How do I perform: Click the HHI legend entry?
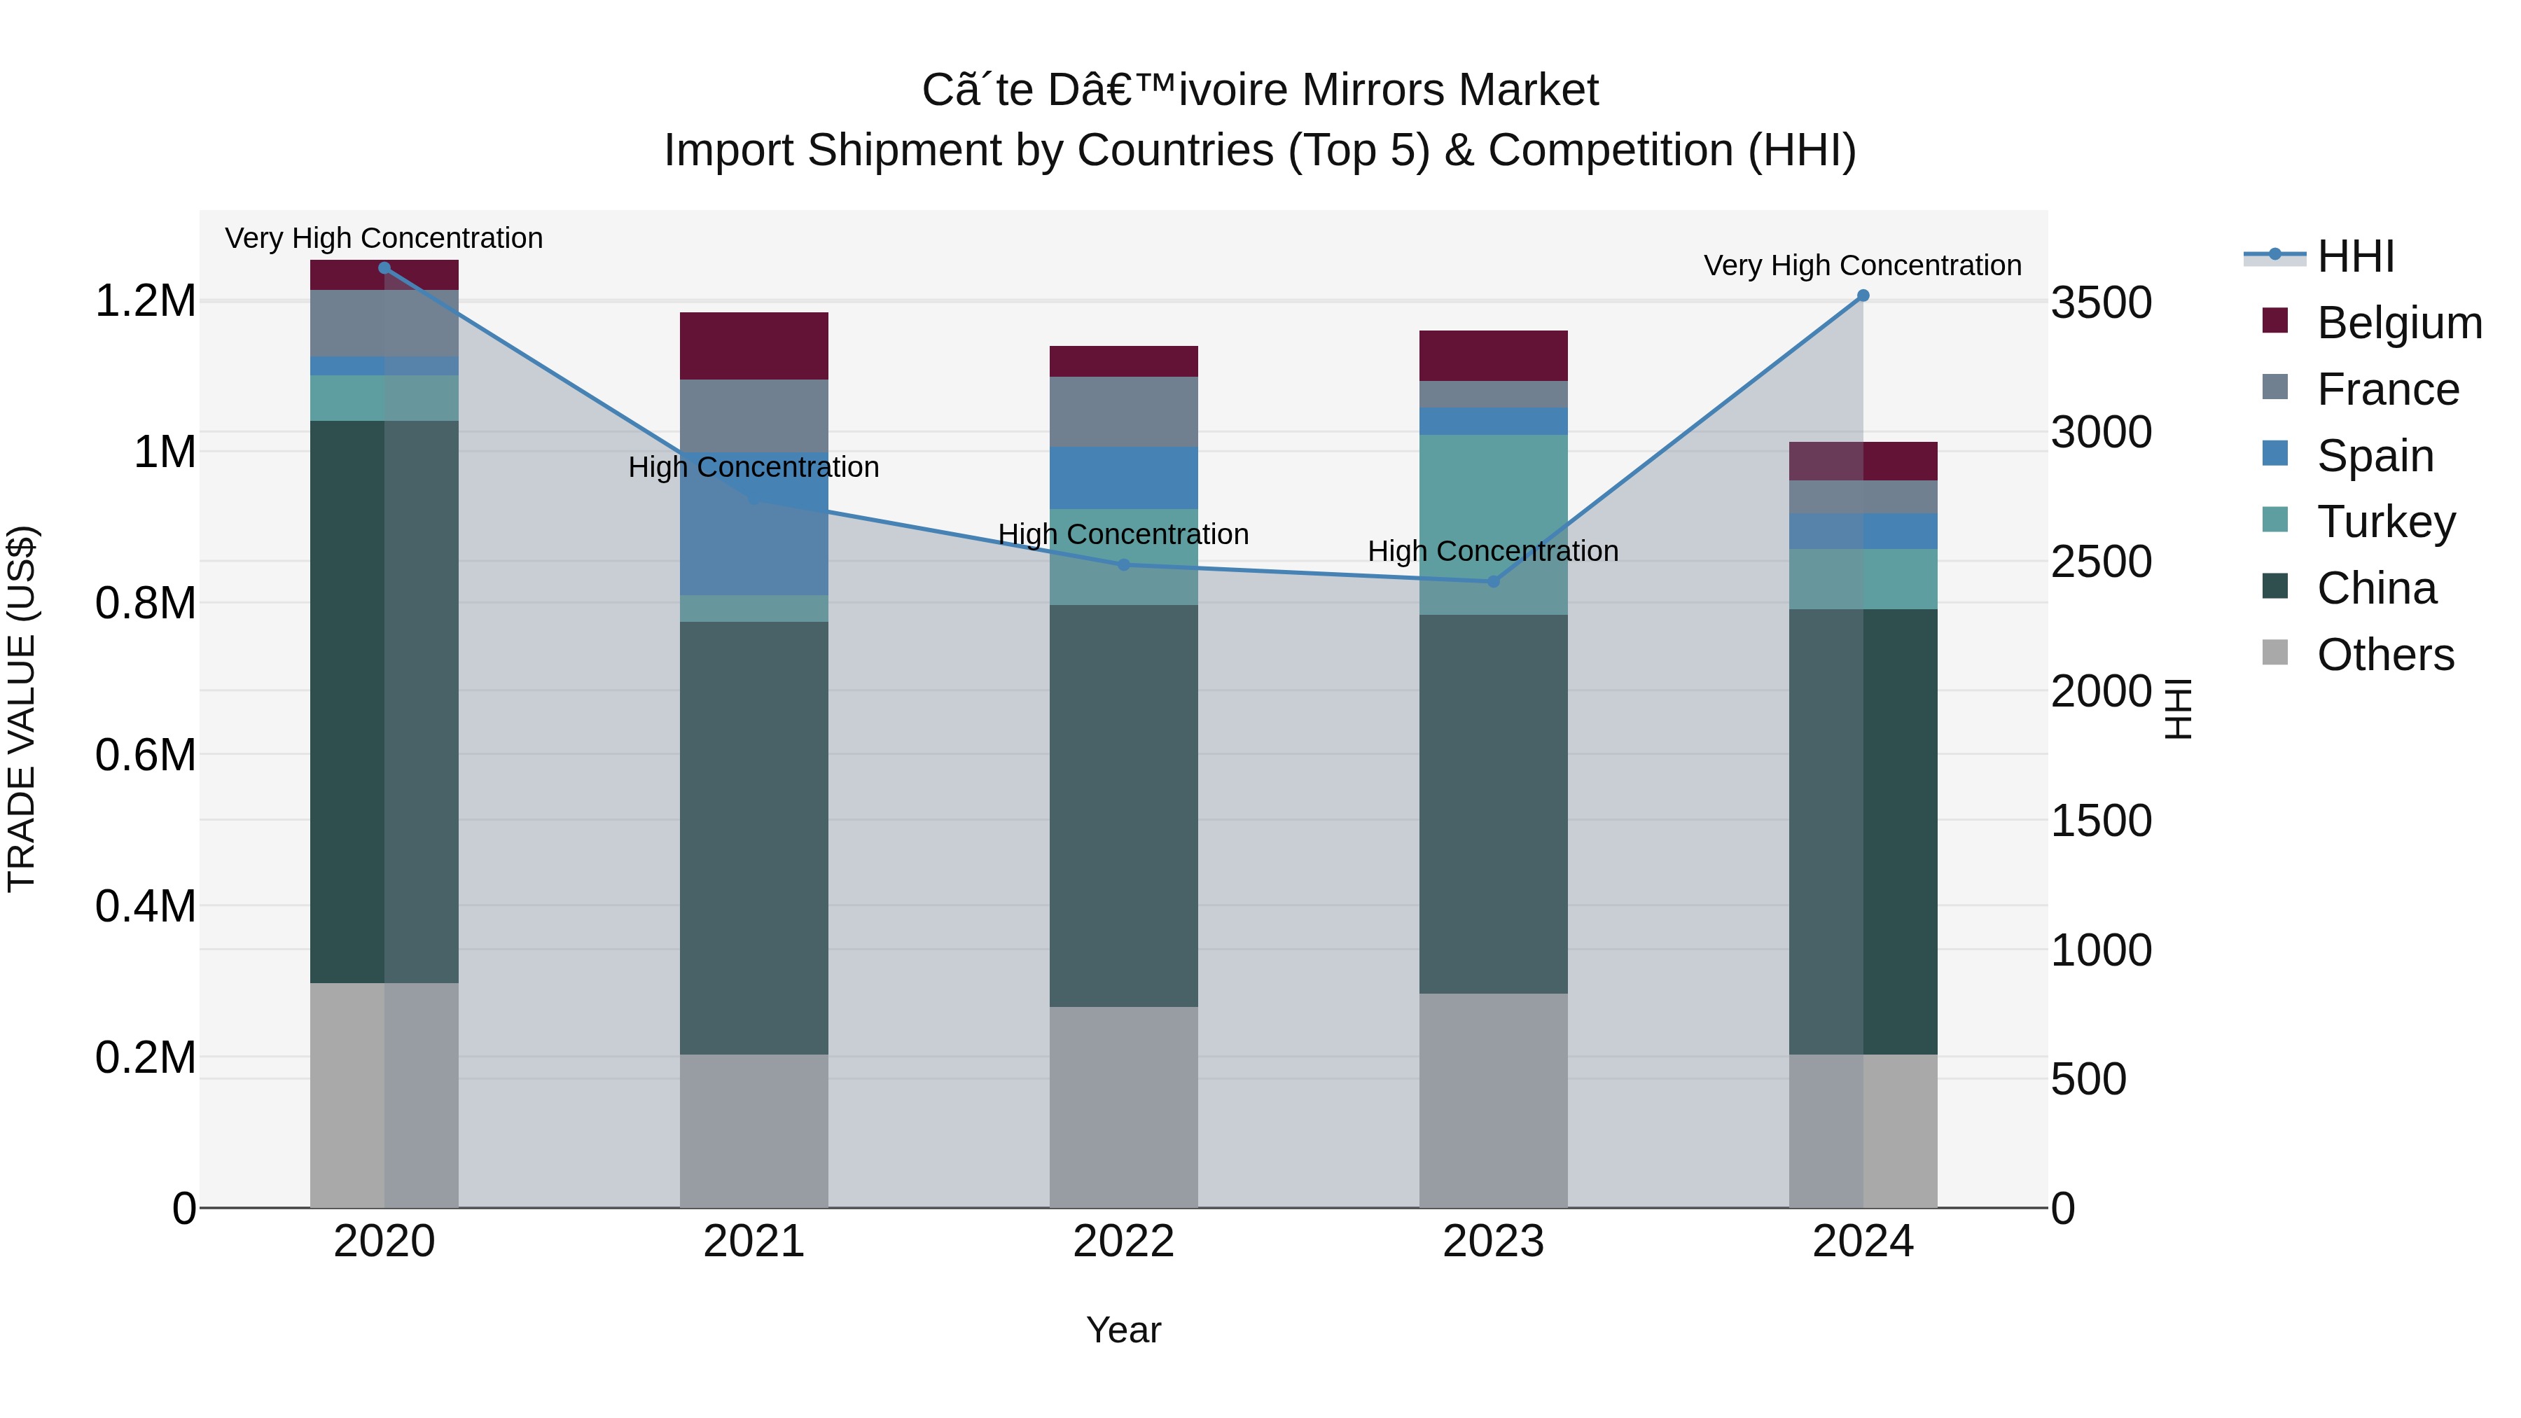point(2354,256)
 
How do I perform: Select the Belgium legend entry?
point(2398,322)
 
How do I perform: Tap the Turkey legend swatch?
point(2275,520)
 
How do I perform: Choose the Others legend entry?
point(2385,654)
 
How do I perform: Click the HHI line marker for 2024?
point(1862,296)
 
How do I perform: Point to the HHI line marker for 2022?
point(1123,564)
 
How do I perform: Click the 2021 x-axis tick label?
point(753,1241)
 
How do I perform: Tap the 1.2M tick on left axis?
point(145,300)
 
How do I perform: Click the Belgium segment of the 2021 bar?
point(753,345)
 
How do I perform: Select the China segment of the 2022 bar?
point(1123,805)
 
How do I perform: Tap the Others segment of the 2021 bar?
point(753,1130)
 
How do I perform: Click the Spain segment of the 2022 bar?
point(1123,478)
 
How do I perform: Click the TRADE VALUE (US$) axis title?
point(22,709)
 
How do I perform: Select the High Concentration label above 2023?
point(1492,551)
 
